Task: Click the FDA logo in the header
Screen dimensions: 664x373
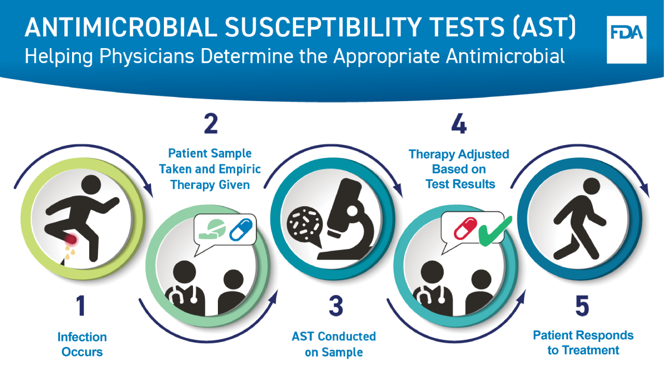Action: point(626,40)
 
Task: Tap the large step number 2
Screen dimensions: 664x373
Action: point(211,124)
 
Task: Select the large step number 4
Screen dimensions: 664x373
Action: point(459,124)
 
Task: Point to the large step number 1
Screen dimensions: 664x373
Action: point(81,306)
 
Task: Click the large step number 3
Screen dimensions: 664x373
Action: point(336,306)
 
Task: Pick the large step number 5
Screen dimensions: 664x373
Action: point(582,306)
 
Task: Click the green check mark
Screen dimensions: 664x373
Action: point(495,232)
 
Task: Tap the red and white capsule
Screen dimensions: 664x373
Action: point(465,228)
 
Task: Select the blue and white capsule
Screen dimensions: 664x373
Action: point(241,229)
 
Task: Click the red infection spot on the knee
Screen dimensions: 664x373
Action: point(71,239)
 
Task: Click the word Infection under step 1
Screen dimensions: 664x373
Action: point(82,337)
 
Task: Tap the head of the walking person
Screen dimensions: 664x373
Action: point(591,186)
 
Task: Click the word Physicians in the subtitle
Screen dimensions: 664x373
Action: point(147,56)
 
